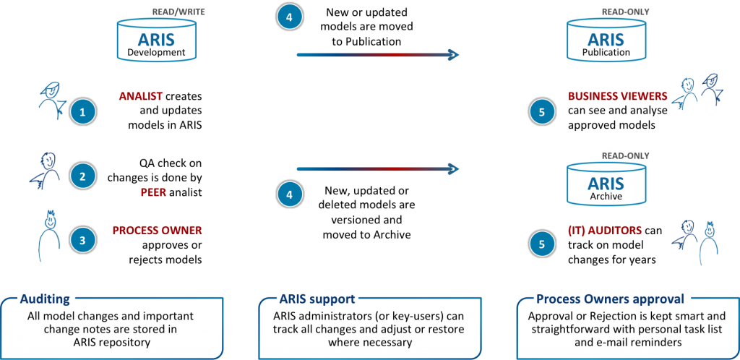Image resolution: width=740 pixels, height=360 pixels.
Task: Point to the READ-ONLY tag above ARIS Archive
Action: point(625,155)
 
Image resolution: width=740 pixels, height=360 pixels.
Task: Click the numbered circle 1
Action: point(82,112)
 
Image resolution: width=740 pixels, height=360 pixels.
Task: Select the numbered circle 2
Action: point(82,176)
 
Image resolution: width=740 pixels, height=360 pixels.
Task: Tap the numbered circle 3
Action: point(82,239)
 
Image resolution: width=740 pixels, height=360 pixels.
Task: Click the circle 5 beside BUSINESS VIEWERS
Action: point(542,111)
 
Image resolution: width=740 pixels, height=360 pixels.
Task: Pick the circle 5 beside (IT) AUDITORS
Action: point(542,244)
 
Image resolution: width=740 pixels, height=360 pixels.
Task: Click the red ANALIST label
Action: point(141,96)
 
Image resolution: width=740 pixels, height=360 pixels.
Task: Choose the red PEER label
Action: point(153,192)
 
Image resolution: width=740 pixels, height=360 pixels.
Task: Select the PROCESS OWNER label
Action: point(157,231)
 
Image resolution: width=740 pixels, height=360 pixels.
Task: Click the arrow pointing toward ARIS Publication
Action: point(377,55)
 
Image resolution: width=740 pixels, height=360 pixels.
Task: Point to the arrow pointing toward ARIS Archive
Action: point(377,168)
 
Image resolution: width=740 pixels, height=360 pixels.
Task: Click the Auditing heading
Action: point(45,299)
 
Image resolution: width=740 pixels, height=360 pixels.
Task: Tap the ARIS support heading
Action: point(317,299)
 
